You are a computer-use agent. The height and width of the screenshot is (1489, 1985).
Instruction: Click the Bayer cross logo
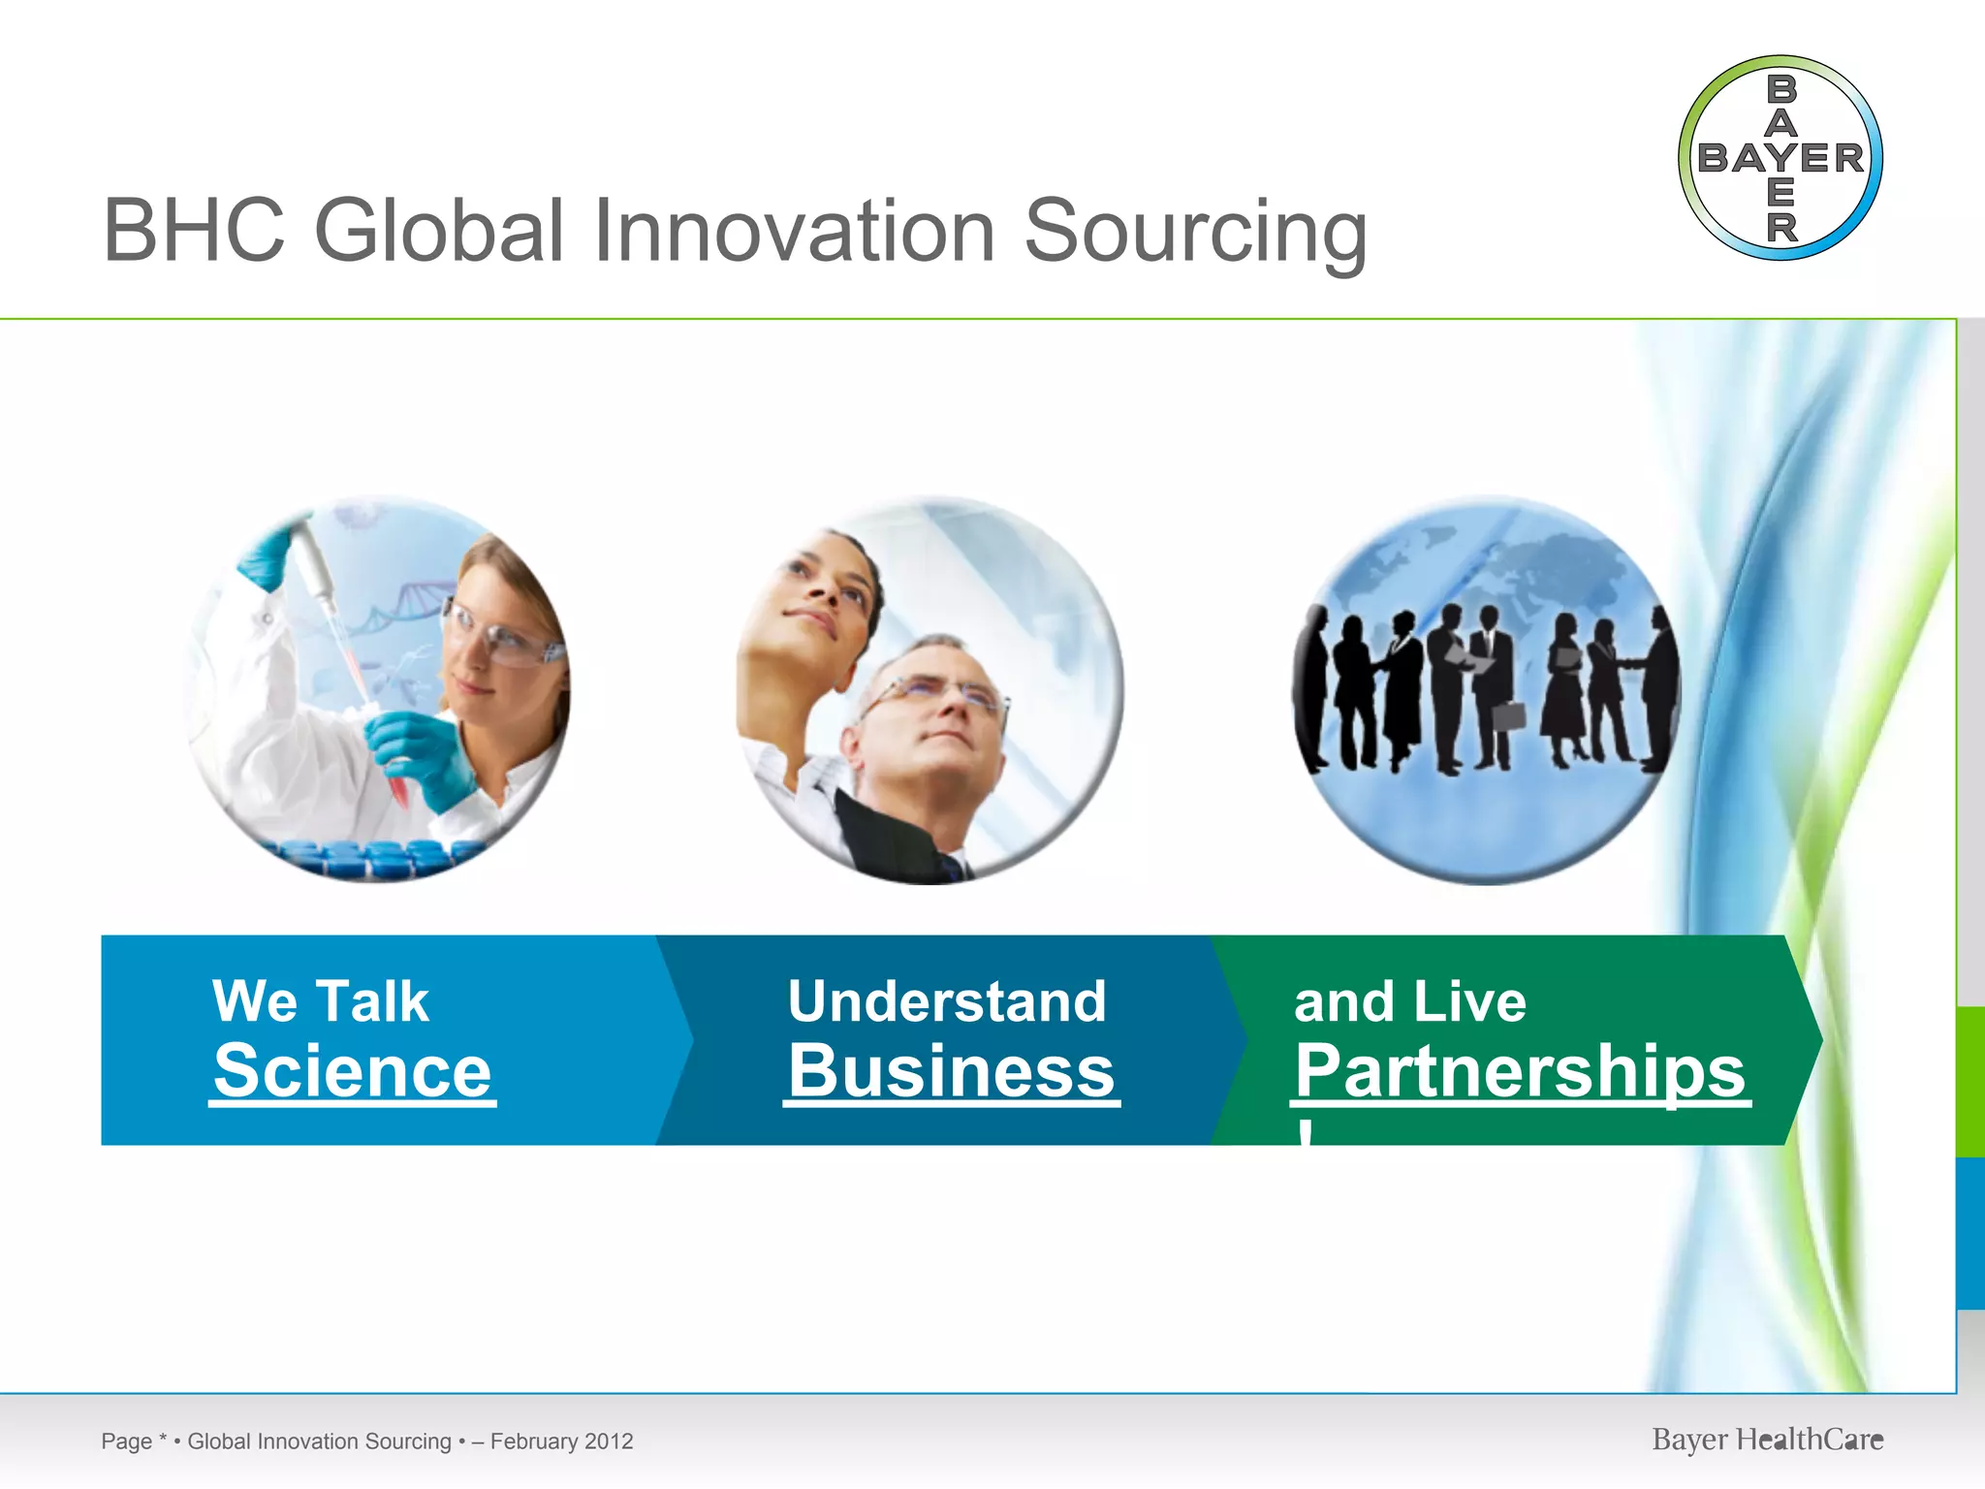point(1780,158)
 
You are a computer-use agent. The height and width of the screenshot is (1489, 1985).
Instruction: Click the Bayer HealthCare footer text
point(1767,1440)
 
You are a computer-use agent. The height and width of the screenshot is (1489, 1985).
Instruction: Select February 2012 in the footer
point(561,1441)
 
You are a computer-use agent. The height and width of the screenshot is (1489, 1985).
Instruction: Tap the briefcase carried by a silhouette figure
point(1508,715)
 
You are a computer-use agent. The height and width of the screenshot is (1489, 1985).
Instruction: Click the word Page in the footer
point(126,1441)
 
